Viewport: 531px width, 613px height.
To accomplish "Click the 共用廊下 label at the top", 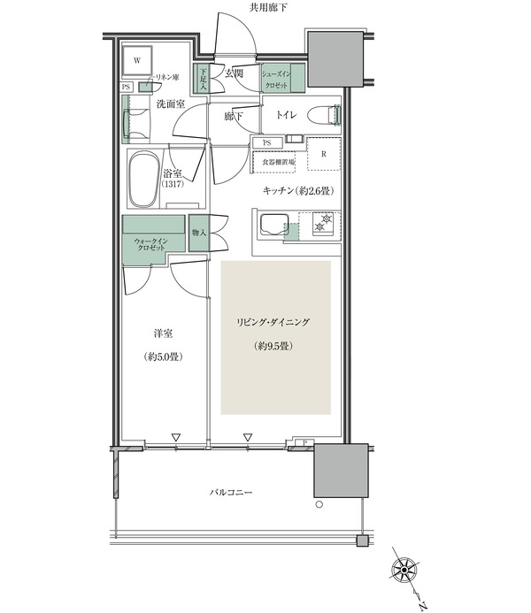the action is coord(268,7).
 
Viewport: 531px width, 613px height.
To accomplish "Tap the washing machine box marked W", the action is coord(137,61).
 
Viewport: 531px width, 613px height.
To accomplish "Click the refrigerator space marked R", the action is coord(324,154).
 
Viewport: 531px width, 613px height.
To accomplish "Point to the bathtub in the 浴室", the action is coord(144,179).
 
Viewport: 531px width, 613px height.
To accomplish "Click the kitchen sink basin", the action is coord(273,225).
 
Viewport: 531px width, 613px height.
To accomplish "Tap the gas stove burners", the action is coord(323,222).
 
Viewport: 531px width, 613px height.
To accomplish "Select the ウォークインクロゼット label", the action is coord(151,244).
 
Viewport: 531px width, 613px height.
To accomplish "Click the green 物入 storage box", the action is coord(198,233).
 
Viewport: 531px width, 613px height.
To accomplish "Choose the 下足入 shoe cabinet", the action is coord(203,78).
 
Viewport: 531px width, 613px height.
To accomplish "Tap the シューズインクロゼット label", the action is coord(276,80).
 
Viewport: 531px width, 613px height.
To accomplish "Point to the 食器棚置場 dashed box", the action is coord(273,162).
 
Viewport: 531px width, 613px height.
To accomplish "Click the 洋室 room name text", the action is coord(163,333).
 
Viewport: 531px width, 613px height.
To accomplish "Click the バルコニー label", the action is coord(231,492).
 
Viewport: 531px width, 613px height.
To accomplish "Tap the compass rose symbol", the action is coord(404,571).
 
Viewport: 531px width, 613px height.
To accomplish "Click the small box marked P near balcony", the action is coord(305,442).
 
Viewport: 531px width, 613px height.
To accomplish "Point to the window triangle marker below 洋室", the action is coord(176,437).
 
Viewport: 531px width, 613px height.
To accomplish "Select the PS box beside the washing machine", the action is coord(127,88).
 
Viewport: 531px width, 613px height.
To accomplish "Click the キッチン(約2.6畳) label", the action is coord(298,191).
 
